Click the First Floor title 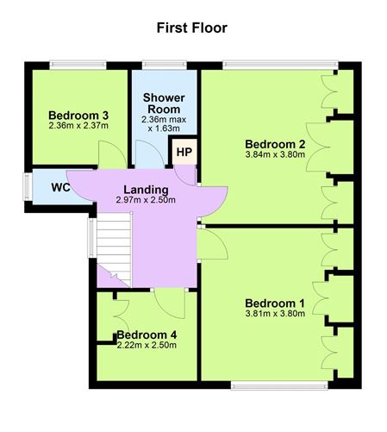(x=192, y=28)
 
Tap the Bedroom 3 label (x=78, y=116)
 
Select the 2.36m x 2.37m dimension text (x=78, y=126)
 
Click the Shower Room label (x=164, y=103)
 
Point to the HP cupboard (x=185, y=152)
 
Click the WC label (x=61, y=187)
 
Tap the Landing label (x=146, y=190)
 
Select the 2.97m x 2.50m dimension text (x=146, y=200)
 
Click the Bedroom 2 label (x=275, y=144)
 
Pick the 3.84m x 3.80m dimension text (x=275, y=154)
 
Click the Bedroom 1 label (x=275, y=304)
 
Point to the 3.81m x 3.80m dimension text (x=275, y=313)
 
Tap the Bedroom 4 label (x=147, y=335)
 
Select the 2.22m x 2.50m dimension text (x=147, y=345)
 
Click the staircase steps (x=114, y=249)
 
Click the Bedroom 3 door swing (x=113, y=154)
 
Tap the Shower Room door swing (x=150, y=154)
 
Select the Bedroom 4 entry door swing (x=170, y=304)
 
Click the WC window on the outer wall (x=28, y=186)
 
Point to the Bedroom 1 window (x=279, y=385)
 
